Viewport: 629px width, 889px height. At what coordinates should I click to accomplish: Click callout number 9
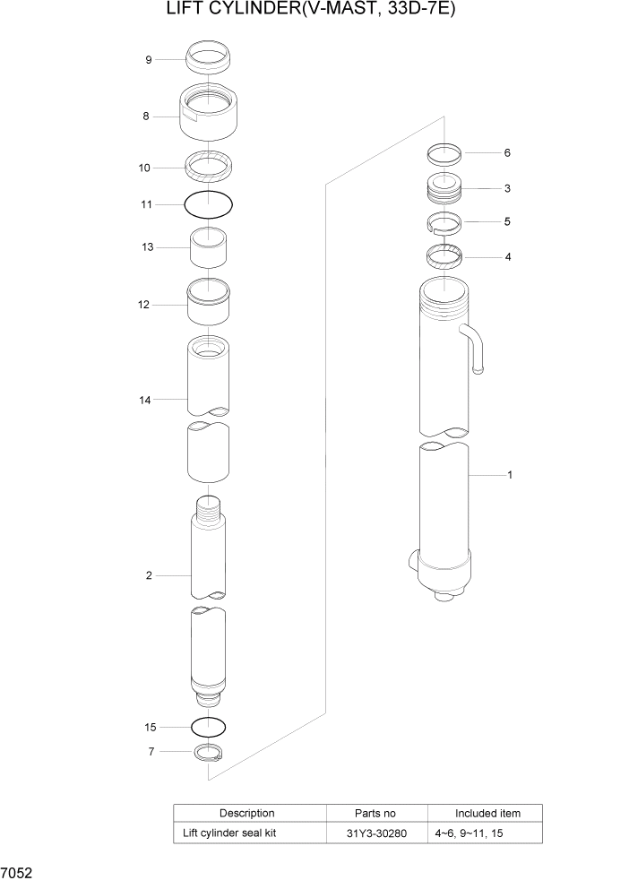tap(149, 60)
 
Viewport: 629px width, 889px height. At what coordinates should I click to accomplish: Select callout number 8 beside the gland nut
tap(144, 116)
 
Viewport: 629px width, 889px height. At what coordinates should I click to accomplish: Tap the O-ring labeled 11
tap(208, 205)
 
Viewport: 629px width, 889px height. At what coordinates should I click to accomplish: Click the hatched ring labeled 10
tap(208, 167)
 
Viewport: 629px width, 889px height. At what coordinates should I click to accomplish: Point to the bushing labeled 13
tap(208, 247)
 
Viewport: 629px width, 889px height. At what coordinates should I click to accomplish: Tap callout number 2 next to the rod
tap(149, 574)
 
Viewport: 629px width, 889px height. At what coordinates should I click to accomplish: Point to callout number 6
tap(506, 153)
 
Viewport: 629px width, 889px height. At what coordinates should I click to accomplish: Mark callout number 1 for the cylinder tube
tap(510, 475)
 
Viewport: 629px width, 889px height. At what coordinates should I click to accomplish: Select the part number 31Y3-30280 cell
tap(376, 833)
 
